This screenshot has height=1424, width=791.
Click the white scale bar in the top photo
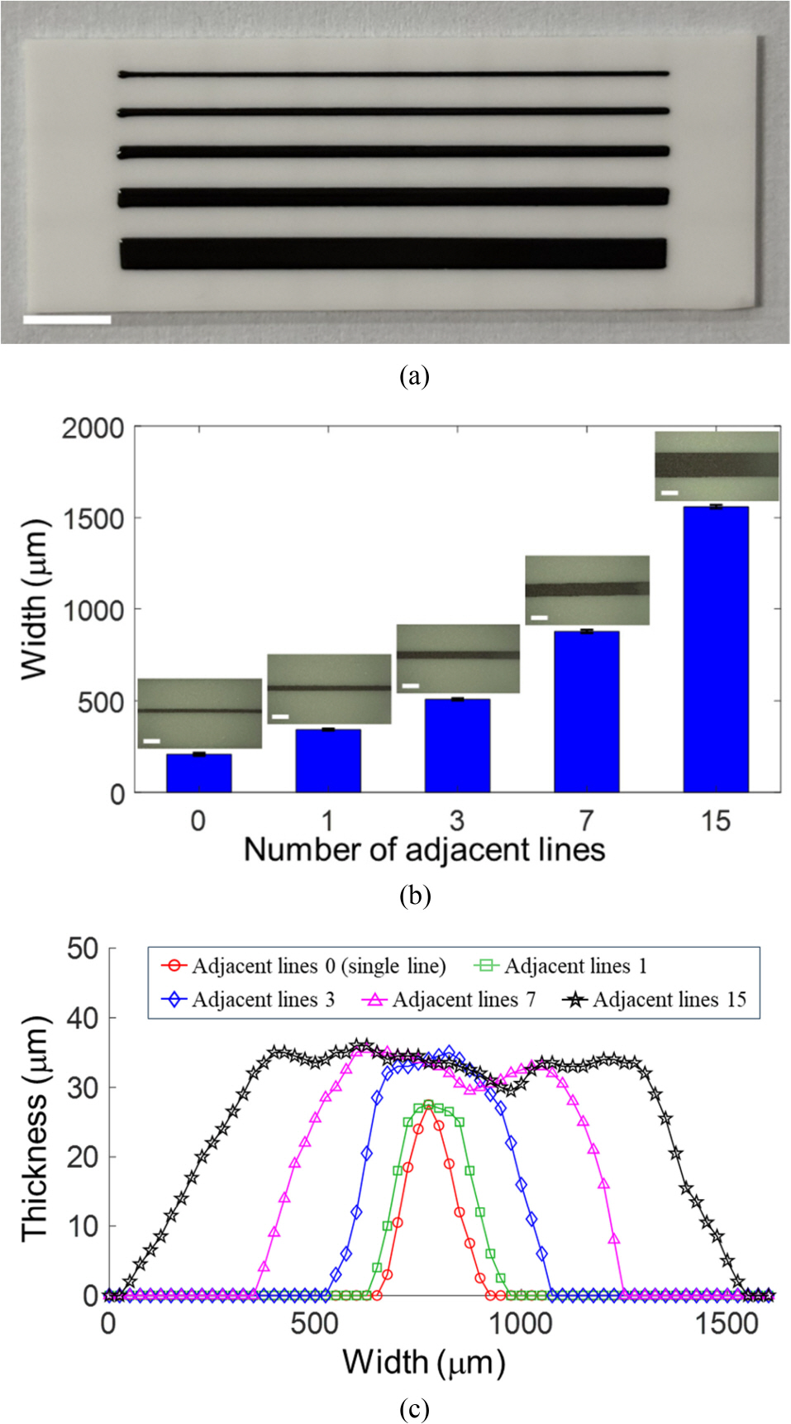tap(67, 319)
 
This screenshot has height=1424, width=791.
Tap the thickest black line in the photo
tap(393, 254)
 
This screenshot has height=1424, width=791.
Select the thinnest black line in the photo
tap(393, 74)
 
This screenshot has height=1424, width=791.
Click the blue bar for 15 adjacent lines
tap(716, 649)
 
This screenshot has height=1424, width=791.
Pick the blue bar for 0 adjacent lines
tap(198, 773)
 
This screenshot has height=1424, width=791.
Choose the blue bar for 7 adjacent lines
tap(587, 711)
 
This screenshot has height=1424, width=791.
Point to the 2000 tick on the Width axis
tap(93, 429)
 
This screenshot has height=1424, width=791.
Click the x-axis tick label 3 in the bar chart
tap(457, 820)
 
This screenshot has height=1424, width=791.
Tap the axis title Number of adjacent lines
tap(424, 850)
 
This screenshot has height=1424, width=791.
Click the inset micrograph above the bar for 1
tap(329, 689)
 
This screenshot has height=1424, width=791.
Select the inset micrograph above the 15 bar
tap(717, 466)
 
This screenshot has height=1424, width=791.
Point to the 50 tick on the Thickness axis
tap(83, 949)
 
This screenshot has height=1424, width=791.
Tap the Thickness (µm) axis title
tap(35, 1129)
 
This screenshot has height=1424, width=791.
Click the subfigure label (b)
tap(414, 896)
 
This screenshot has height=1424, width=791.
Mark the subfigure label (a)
tap(414, 376)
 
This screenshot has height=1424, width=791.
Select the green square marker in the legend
tap(487, 966)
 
